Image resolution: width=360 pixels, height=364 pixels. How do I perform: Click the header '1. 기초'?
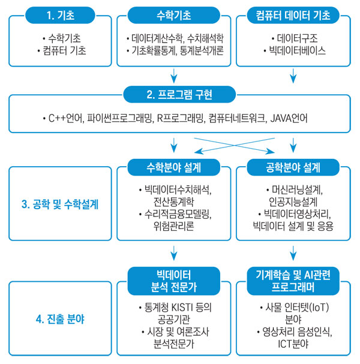[60, 16]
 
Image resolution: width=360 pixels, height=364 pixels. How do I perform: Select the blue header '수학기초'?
[174, 16]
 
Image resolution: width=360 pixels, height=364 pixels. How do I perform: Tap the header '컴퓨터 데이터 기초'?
[293, 16]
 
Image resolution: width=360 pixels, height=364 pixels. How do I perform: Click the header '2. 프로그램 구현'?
[179, 95]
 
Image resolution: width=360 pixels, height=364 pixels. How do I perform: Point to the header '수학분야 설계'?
[174, 167]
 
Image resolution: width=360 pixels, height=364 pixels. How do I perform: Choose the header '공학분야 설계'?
[293, 167]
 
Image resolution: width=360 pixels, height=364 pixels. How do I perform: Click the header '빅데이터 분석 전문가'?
[174, 281]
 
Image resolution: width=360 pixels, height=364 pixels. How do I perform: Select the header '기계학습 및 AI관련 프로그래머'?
[293, 281]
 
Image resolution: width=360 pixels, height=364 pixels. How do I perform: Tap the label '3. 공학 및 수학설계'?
[60, 204]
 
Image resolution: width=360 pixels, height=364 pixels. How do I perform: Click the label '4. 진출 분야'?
[60, 319]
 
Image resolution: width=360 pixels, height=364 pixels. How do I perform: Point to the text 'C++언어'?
[66, 118]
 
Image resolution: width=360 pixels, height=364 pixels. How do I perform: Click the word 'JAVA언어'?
[289, 118]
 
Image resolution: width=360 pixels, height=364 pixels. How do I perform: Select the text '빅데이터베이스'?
[297, 50]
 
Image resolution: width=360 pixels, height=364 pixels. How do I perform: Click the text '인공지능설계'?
[293, 202]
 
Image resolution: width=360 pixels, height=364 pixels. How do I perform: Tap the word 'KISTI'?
[182, 308]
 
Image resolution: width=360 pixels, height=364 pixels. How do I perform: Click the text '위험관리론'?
[174, 226]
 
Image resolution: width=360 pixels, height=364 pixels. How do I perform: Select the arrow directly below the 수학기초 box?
[174, 76]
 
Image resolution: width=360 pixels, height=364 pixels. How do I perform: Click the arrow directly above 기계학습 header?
[293, 253]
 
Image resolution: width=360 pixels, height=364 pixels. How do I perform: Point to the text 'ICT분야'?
[293, 344]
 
